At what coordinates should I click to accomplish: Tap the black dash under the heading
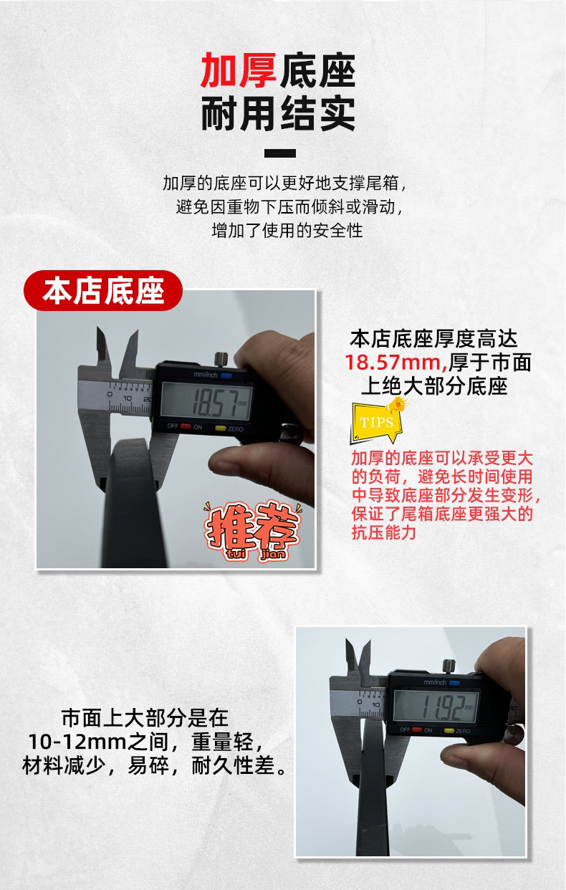[x=280, y=153]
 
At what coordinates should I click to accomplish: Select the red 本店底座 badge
[x=103, y=292]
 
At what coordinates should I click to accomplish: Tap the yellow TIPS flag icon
[x=376, y=421]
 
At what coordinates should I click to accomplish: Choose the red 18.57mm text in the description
[x=395, y=362]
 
